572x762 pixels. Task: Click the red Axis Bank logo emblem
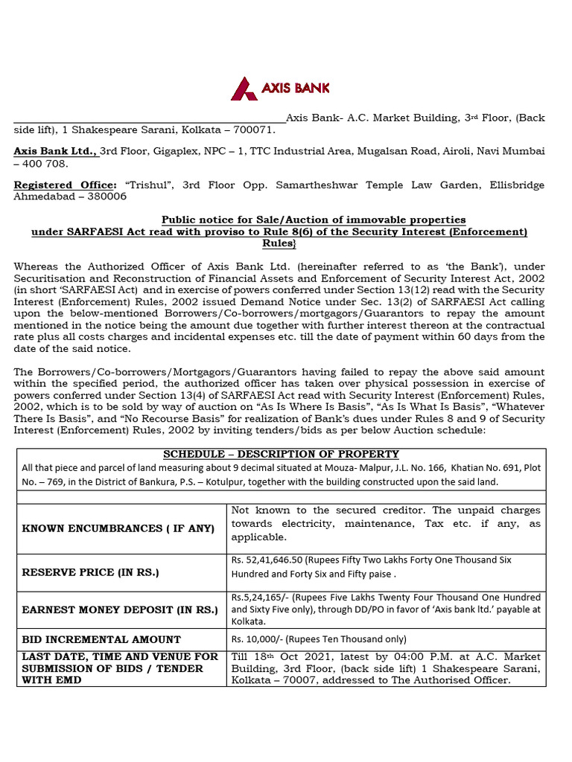244,89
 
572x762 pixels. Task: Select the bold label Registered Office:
65,185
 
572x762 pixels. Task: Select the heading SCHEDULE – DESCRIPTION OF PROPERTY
281,454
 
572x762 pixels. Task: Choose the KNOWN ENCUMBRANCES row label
118,528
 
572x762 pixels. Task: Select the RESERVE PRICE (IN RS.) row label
91,572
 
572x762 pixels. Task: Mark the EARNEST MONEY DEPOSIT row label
120,610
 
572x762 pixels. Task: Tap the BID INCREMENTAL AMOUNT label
101,639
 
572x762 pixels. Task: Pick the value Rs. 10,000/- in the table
258,639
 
